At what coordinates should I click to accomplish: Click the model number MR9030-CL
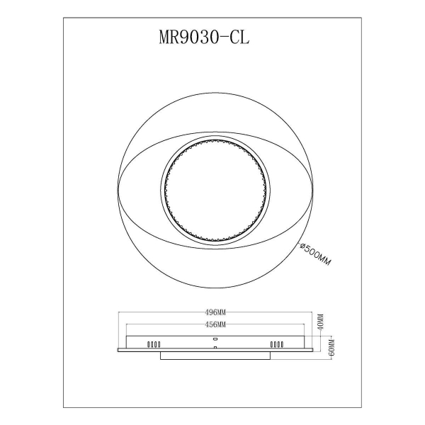tap(204, 37)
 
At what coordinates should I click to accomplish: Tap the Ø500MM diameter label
tap(315, 254)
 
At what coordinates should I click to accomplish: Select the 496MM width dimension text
tap(215, 312)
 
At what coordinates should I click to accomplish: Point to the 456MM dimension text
tap(215, 324)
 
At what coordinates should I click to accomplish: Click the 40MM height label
tap(320, 322)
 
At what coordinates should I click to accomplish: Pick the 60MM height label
tap(332, 347)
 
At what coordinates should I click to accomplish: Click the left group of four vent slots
tap(154, 344)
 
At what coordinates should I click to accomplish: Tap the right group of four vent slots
tap(277, 344)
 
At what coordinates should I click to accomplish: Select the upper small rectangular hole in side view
tap(215, 339)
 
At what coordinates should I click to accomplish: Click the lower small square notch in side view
tap(215, 348)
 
